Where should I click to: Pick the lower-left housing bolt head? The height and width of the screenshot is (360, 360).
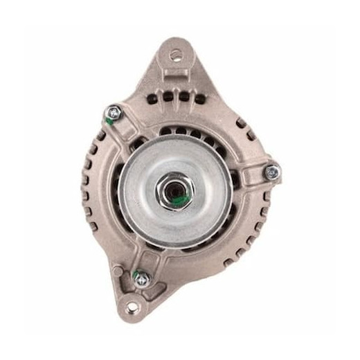pyautogui.click(x=142, y=279)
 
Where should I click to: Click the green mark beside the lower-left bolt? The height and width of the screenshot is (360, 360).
pyautogui.click(x=138, y=271)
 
